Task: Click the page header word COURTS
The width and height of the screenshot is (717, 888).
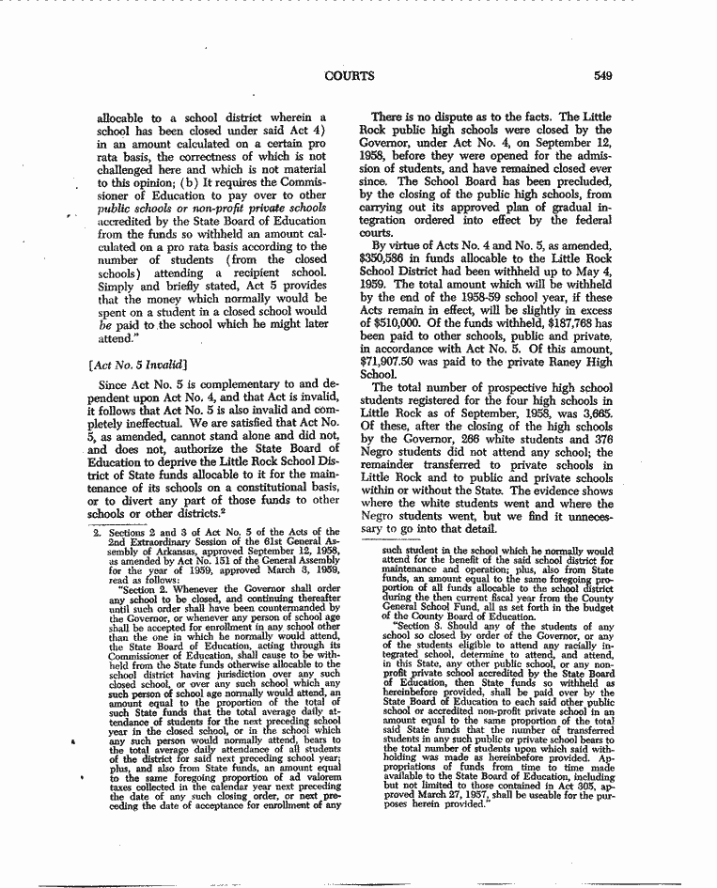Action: click(x=349, y=75)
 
